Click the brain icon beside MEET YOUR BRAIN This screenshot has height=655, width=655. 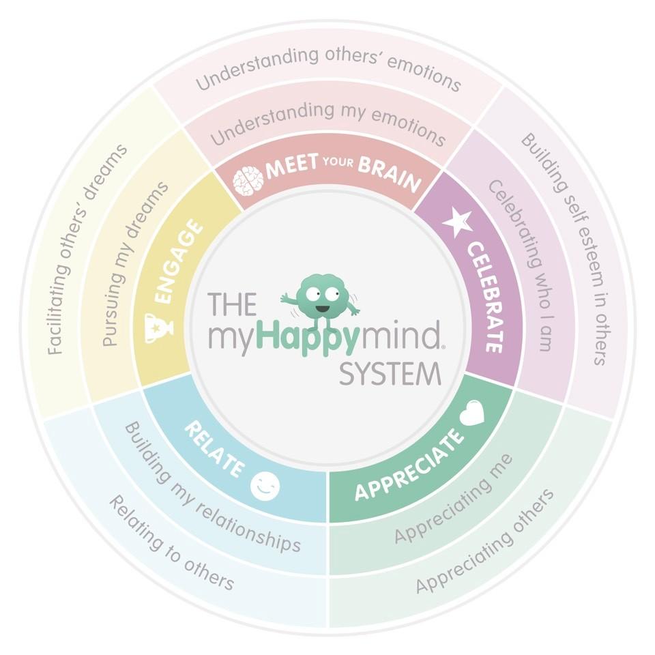click(248, 181)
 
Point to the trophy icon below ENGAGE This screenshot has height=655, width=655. click(159, 327)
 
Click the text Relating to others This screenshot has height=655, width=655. click(171, 543)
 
